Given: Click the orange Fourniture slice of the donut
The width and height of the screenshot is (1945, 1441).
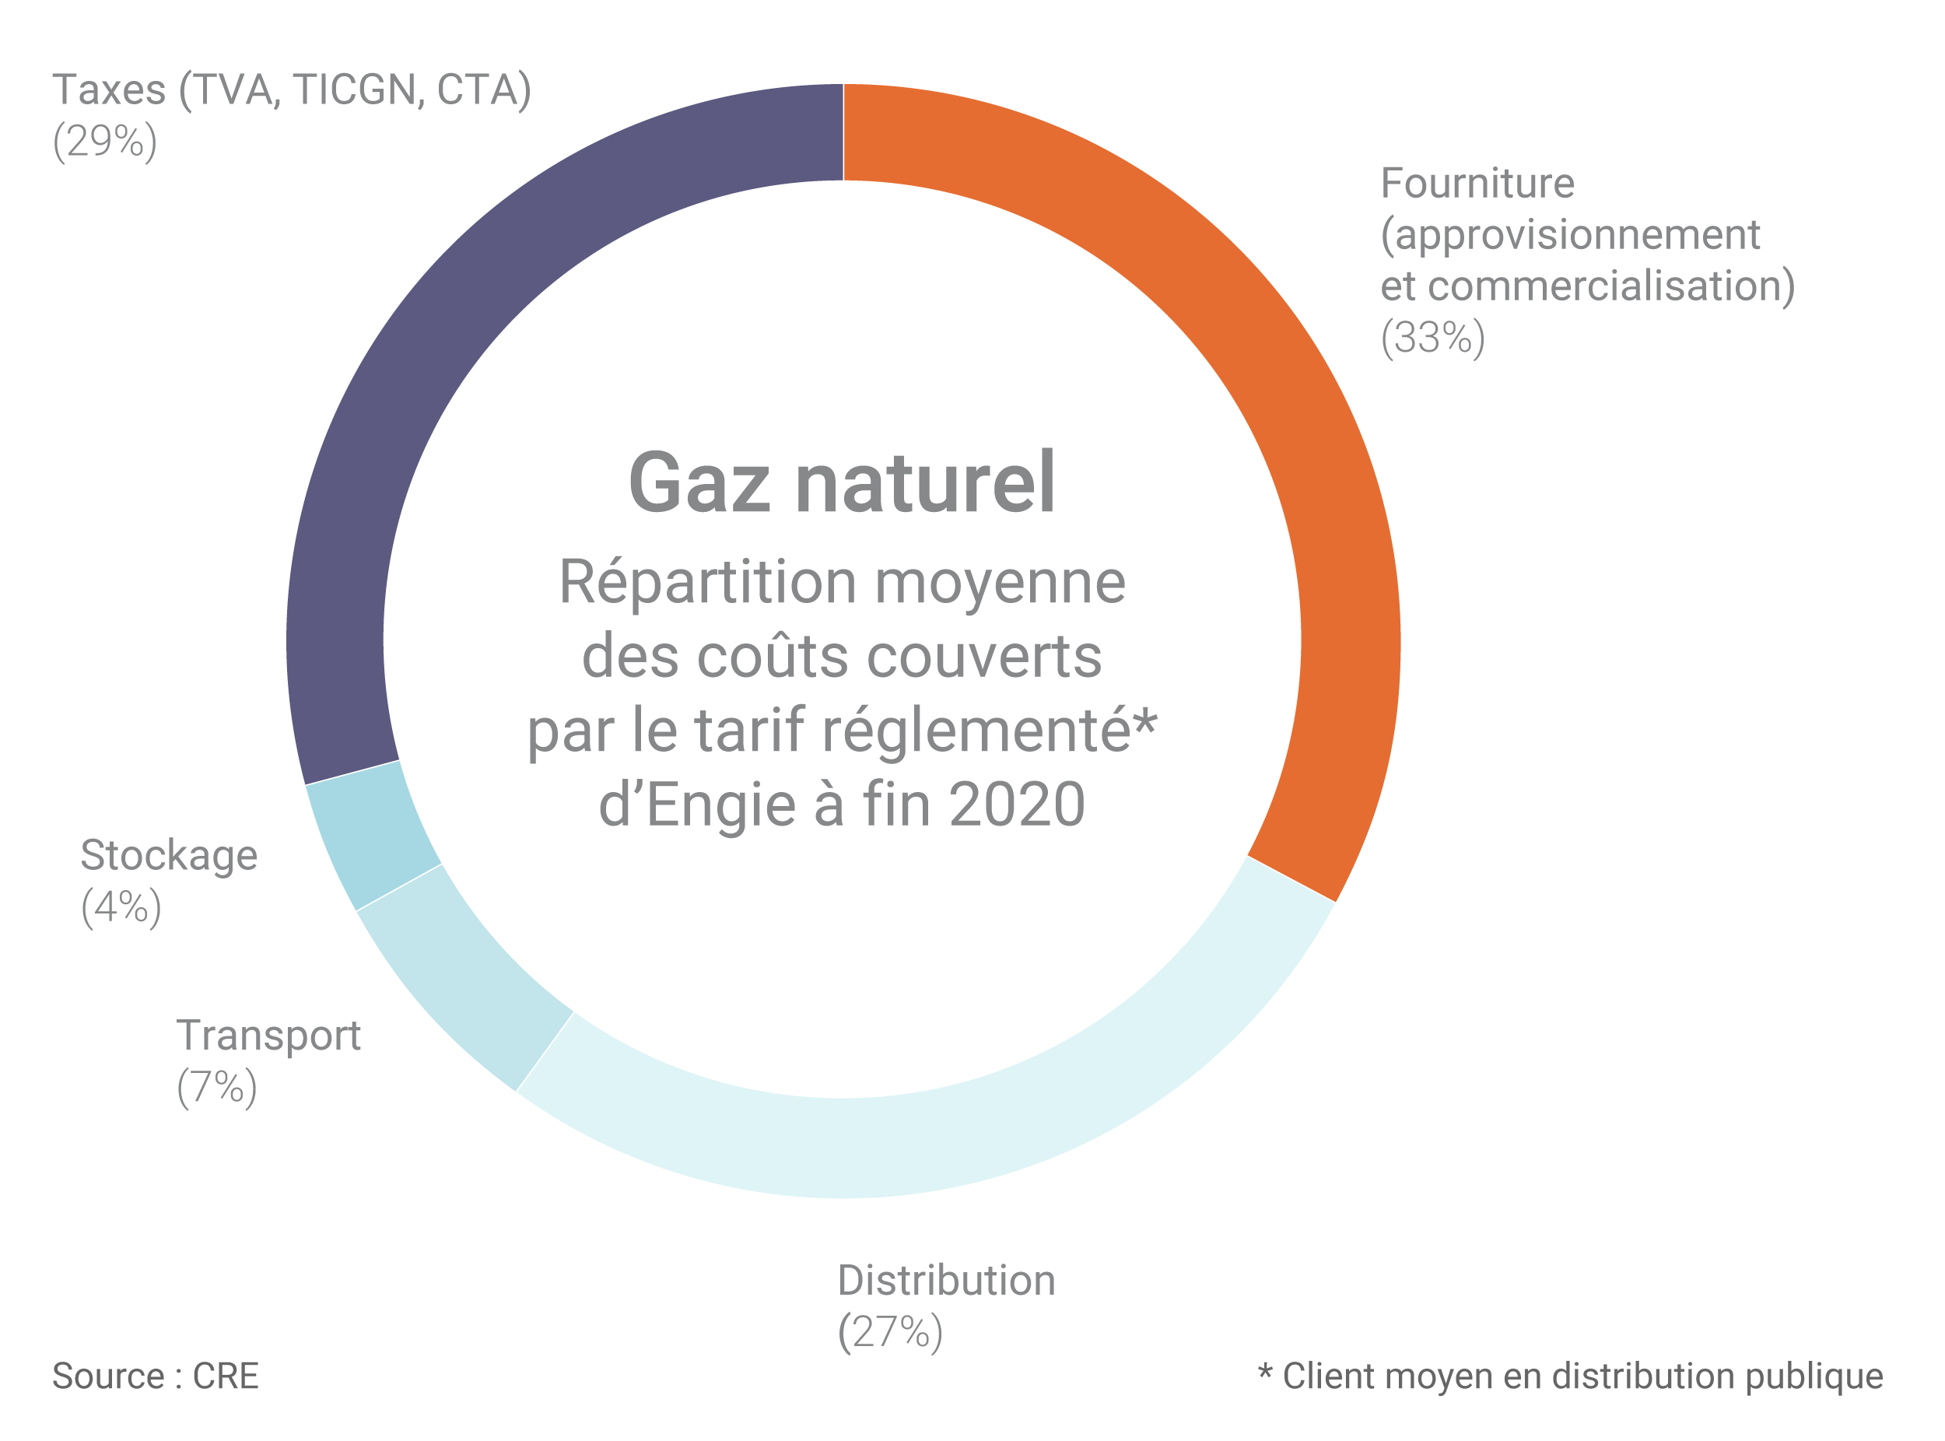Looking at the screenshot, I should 1291,437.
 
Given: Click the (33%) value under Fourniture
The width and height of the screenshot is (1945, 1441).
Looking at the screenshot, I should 1432,338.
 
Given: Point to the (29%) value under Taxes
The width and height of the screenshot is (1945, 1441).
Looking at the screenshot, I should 105,142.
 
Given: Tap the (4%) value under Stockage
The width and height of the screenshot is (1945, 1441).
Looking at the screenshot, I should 121,907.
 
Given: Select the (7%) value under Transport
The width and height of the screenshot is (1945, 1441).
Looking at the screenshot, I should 216,1088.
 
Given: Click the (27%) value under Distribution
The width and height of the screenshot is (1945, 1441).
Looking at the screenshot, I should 889,1333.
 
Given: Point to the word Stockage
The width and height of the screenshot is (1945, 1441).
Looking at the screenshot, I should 168,856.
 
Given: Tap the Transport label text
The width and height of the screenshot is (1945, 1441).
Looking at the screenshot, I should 268,1036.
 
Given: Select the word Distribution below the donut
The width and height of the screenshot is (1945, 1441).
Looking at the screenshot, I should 946,1281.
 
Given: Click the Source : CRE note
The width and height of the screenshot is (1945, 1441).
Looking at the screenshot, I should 156,1376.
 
